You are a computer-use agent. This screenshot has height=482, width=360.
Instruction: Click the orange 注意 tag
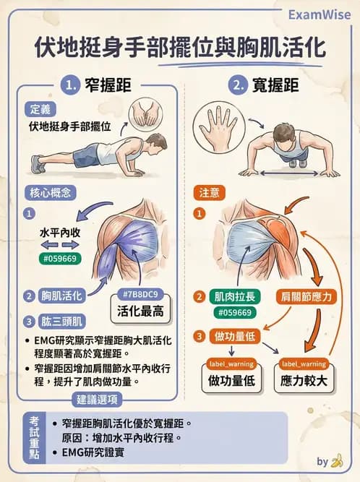[x=210, y=194]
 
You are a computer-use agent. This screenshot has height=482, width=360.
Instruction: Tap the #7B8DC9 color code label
[x=140, y=294]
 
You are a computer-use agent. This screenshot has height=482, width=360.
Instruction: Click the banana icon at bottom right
[x=336, y=460]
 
